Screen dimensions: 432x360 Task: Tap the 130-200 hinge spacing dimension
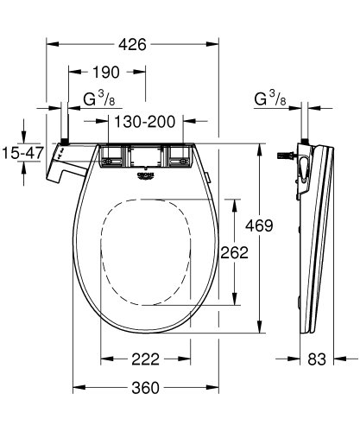click(x=142, y=122)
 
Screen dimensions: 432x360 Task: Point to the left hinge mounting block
click(x=111, y=156)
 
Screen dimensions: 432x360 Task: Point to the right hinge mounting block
click(x=180, y=156)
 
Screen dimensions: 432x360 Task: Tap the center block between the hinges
click(x=145, y=156)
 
